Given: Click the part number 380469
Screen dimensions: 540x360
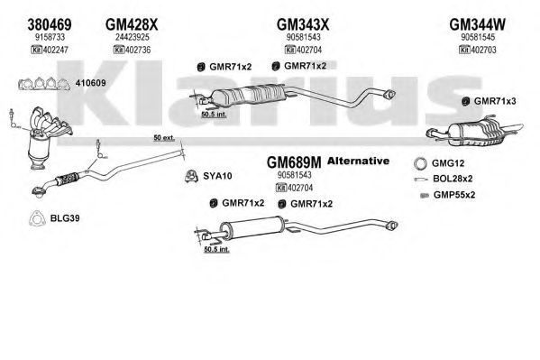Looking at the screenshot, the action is (50, 24).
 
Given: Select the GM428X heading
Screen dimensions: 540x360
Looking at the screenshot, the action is (132, 24).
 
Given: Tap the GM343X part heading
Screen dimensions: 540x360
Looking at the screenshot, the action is (303, 24).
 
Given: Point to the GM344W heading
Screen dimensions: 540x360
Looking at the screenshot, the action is (478, 24).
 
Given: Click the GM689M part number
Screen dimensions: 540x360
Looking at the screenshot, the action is (294, 162).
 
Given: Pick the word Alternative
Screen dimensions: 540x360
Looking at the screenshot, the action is (359, 161).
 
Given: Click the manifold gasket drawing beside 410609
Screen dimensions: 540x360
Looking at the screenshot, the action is (44, 84).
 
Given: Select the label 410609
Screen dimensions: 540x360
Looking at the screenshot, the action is (90, 83).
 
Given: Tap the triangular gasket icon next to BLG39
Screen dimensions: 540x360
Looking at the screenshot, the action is (37, 218).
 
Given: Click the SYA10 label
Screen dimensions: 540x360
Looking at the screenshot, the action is (217, 176).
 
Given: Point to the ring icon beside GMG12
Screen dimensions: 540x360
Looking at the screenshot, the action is (420, 163).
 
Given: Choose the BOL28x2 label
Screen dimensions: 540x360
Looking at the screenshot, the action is (453, 179).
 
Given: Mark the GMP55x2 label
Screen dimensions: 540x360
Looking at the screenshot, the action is (454, 195).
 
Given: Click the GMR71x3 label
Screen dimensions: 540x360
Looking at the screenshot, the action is (495, 101).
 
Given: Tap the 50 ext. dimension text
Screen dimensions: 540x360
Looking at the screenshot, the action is (164, 137).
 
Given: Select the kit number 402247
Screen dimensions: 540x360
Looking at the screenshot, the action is (54, 50).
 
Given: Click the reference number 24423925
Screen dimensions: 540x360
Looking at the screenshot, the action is (133, 37).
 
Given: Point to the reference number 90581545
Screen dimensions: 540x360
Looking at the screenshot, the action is (478, 37).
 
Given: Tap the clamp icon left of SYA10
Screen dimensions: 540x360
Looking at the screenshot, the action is (191, 176).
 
